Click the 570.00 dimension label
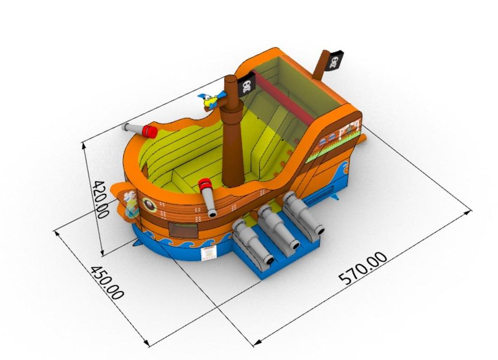(x=363, y=268)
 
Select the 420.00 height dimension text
(x=100, y=200)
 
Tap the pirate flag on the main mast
(x=247, y=84)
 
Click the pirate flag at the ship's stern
(x=335, y=61)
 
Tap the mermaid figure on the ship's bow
(x=129, y=204)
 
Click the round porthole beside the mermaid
(x=149, y=204)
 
